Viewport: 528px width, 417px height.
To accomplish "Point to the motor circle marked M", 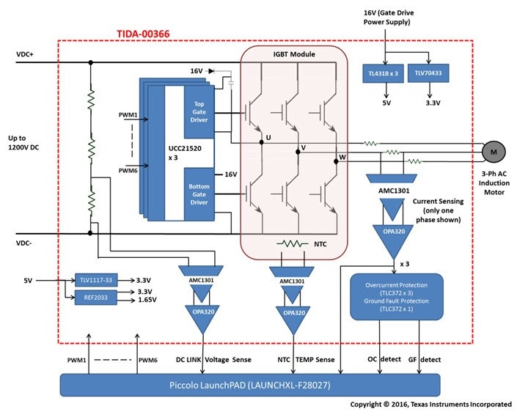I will pos(492,150).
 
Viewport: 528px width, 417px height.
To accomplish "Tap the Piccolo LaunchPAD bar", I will pos(249,384).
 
